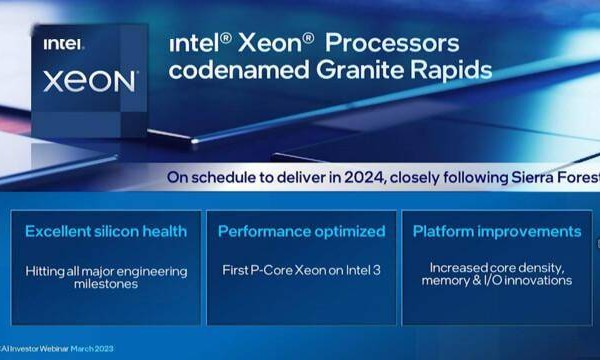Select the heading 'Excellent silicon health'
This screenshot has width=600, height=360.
(x=106, y=231)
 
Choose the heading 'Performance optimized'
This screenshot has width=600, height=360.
(x=302, y=231)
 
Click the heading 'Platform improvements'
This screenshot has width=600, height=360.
(x=497, y=231)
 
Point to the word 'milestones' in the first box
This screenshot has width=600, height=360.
(x=106, y=283)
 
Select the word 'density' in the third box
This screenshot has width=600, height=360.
(x=540, y=268)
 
